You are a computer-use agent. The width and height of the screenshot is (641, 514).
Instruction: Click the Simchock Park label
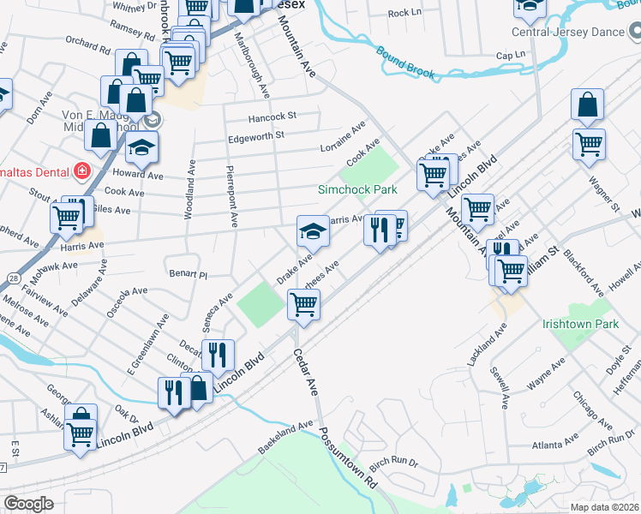[357, 189]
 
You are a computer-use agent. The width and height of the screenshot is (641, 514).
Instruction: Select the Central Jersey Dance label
[568, 33]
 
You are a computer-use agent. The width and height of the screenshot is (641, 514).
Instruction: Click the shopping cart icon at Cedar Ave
[303, 304]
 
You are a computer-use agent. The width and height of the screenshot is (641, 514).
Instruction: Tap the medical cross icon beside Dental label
[82, 170]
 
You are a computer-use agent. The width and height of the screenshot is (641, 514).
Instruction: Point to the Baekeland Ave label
[286, 437]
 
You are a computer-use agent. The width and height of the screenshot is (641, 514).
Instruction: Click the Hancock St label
[272, 116]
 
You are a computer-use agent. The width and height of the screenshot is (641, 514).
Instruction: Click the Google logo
[27, 504]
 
